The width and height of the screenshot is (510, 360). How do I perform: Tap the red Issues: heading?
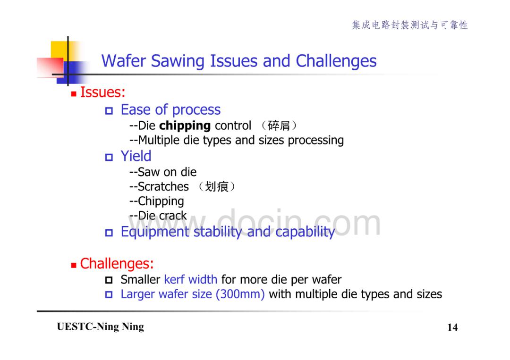(102, 92)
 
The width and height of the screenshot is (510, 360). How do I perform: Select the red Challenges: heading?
(117, 263)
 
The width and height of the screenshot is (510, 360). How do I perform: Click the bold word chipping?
(185, 126)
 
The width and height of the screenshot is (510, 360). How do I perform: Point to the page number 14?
(452, 327)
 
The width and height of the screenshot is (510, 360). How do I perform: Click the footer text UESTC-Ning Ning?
(101, 327)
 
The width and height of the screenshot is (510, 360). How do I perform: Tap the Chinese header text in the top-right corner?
(410, 25)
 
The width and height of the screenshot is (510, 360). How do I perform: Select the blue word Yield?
(136, 156)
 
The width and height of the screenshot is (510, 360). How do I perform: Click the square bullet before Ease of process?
(109, 111)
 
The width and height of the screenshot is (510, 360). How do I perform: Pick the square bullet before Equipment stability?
(109, 233)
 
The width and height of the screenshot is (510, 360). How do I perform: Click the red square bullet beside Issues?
(74, 94)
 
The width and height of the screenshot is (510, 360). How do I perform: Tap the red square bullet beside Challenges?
(74, 266)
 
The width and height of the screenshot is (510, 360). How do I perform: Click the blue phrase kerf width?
(191, 279)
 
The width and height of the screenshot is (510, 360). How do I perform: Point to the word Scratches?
(163, 187)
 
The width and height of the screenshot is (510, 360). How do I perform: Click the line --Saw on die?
(163, 172)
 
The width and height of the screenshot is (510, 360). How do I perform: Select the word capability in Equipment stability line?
(305, 232)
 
